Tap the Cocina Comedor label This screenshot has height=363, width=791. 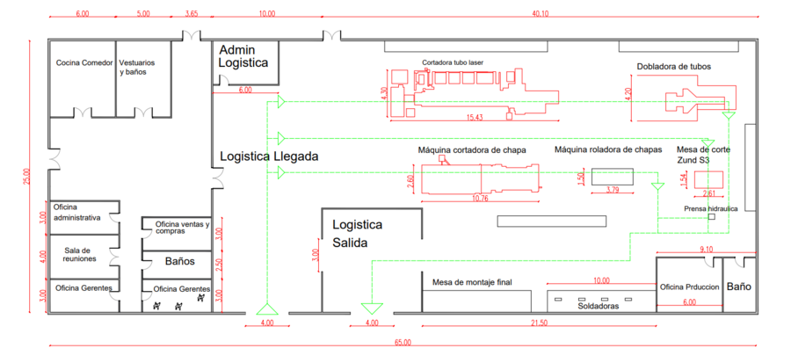[84, 63]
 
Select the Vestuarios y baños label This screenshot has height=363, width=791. [138, 68]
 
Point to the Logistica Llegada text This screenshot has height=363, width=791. [268, 156]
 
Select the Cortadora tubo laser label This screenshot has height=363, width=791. [453, 62]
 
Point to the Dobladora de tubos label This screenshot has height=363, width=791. [674, 66]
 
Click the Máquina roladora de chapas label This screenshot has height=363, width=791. [607, 150]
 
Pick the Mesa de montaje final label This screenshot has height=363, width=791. [472, 282]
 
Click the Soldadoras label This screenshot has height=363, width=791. [599, 306]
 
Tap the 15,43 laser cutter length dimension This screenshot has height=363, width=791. [474, 117]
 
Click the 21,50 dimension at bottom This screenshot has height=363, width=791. [539, 323]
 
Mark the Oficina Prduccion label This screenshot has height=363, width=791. [690, 287]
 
